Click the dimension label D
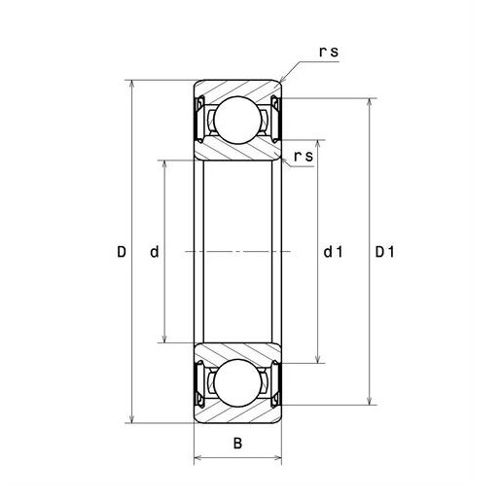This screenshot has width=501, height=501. (x=122, y=252)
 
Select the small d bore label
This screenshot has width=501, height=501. (x=155, y=252)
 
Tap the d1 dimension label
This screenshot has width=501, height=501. (x=333, y=252)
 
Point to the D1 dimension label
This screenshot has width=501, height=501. (x=385, y=252)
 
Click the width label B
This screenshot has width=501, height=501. (x=237, y=443)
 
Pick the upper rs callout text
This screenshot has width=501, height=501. (x=329, y=52)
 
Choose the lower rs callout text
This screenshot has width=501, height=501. (x=304, y=156)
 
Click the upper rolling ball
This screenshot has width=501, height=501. (x=237, y=120)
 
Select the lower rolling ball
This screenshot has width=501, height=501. (x=237, y=383)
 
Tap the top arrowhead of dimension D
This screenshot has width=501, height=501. (x=131, y=84)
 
